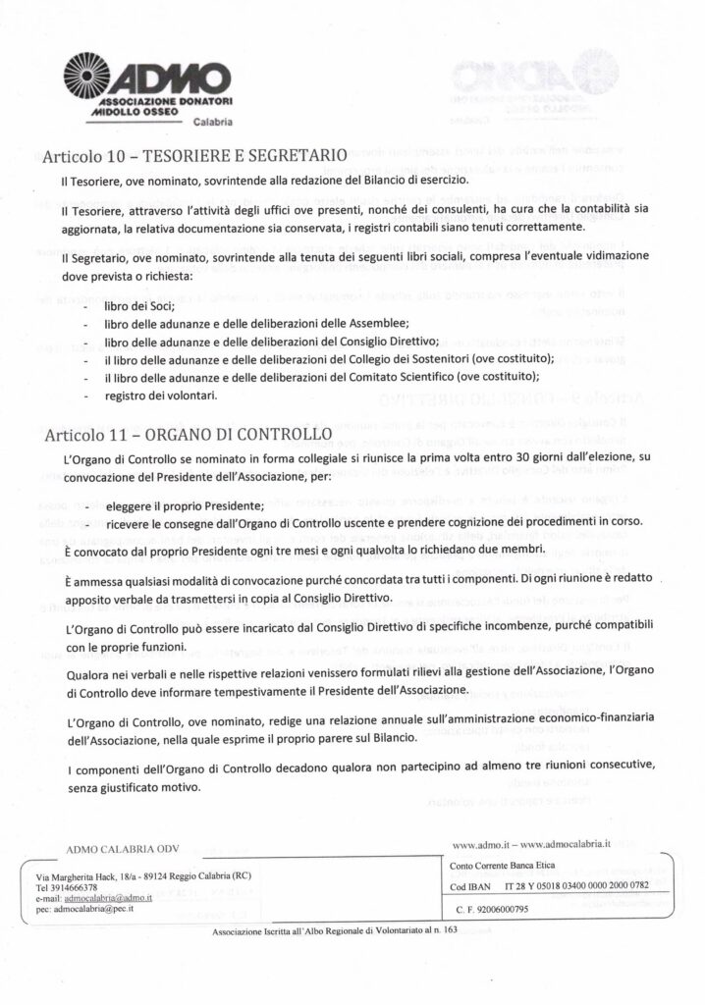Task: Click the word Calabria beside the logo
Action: [211, 123]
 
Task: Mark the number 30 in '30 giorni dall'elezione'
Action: [529, 459]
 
